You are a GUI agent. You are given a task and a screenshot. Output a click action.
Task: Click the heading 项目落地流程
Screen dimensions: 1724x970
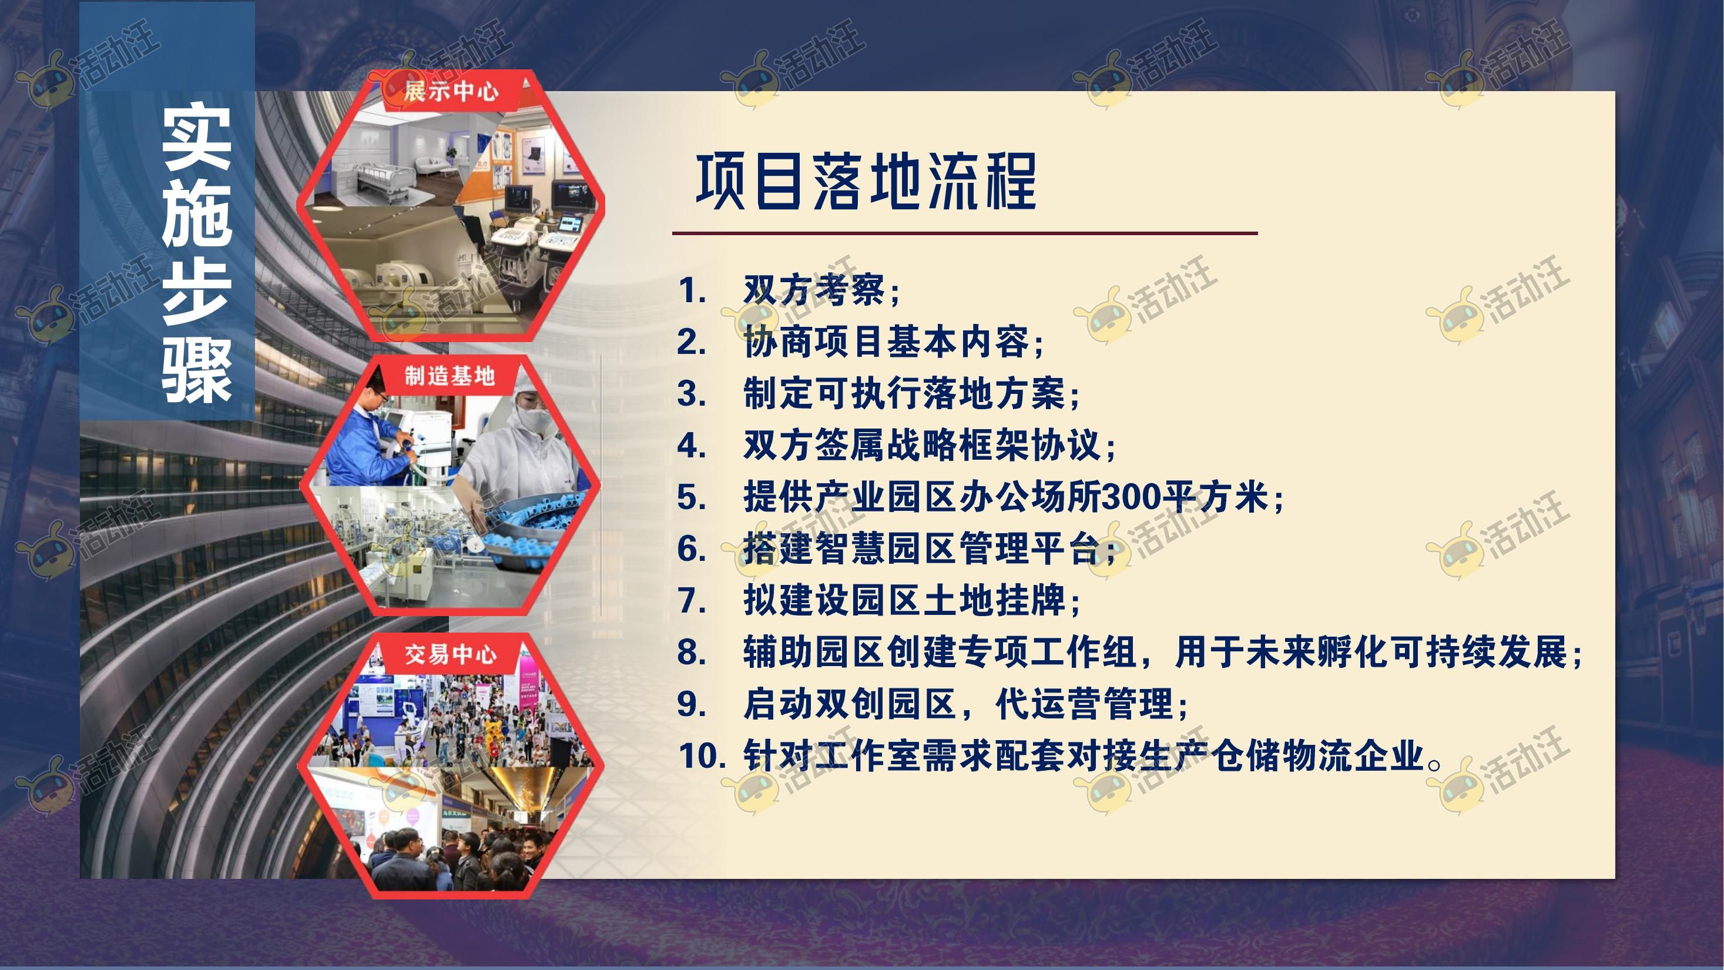[866, 180]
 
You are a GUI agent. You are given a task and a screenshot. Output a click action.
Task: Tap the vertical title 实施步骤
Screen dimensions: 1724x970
[197, 255]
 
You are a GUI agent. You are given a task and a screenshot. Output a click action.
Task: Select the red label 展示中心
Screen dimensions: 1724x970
[451, 91]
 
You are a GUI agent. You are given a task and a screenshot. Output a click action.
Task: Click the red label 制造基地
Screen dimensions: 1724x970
[450, 376]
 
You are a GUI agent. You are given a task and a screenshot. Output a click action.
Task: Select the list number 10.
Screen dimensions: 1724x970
[702, 756]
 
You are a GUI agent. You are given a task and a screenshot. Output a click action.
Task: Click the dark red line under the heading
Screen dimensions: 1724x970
[965, 233]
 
